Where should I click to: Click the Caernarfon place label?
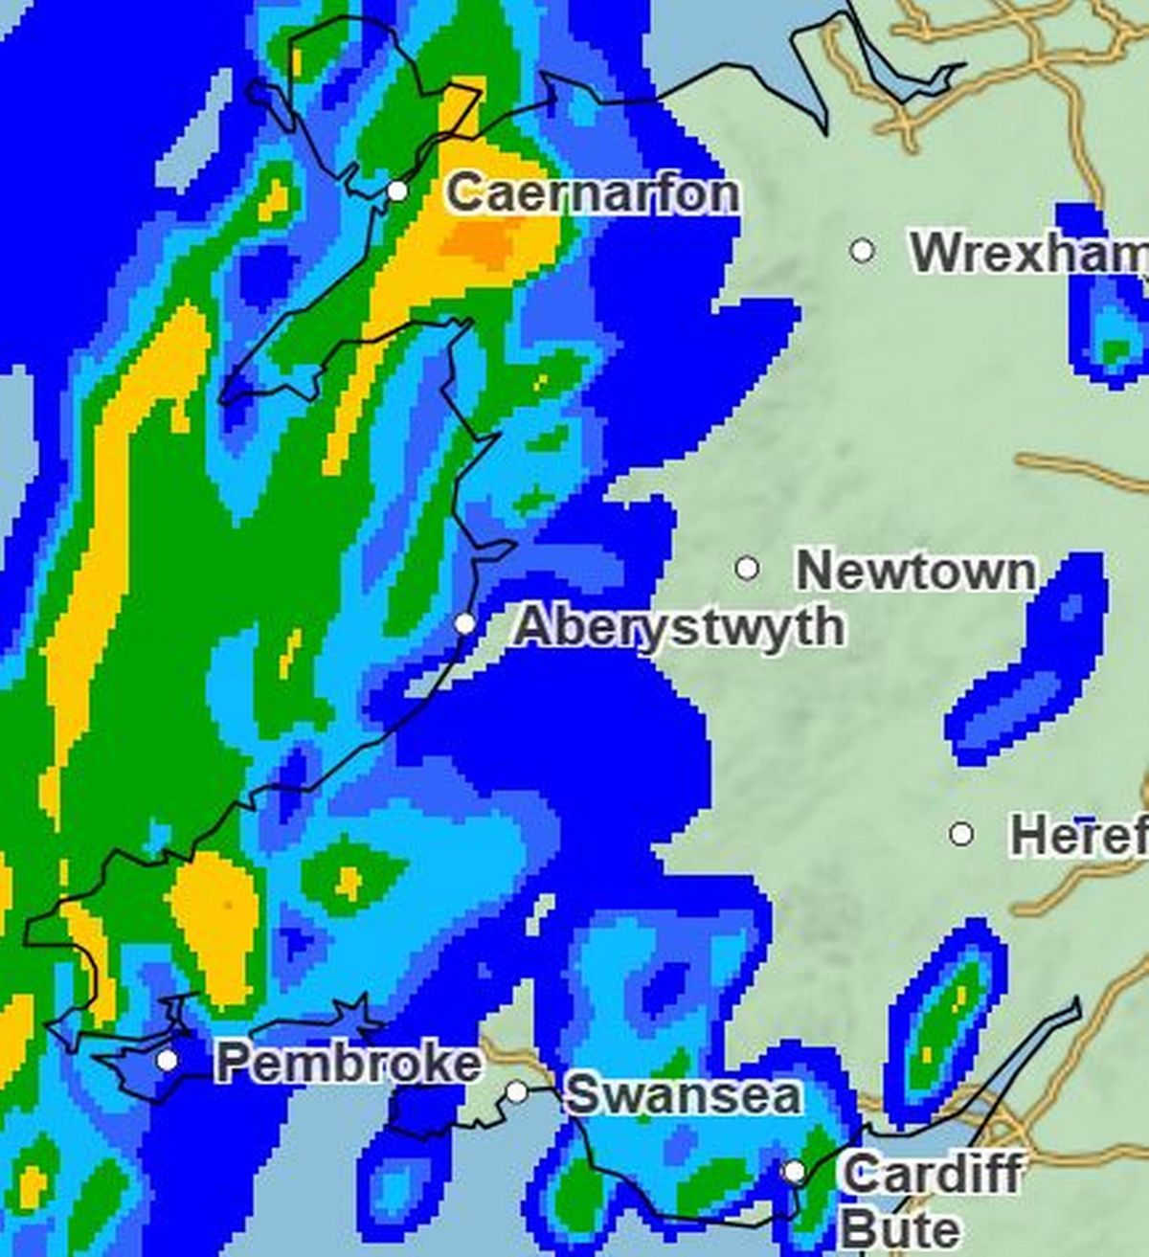point(593,194)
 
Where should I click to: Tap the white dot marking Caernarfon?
point(397,191)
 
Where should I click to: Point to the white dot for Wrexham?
point(862,251)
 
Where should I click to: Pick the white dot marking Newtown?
point(747,569)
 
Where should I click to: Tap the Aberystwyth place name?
point(679,628)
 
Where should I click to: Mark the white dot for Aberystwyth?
point(464,624)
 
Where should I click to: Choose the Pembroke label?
point(349,1063)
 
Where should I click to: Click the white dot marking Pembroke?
point(168,1060)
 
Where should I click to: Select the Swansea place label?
point(683,1094)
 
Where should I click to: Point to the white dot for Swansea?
point(517,1091)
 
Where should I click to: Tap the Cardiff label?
point(932,1173)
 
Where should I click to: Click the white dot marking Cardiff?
point(794,1171)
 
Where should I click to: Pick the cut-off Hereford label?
point(1078,836)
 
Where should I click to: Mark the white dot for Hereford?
point(961,834)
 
